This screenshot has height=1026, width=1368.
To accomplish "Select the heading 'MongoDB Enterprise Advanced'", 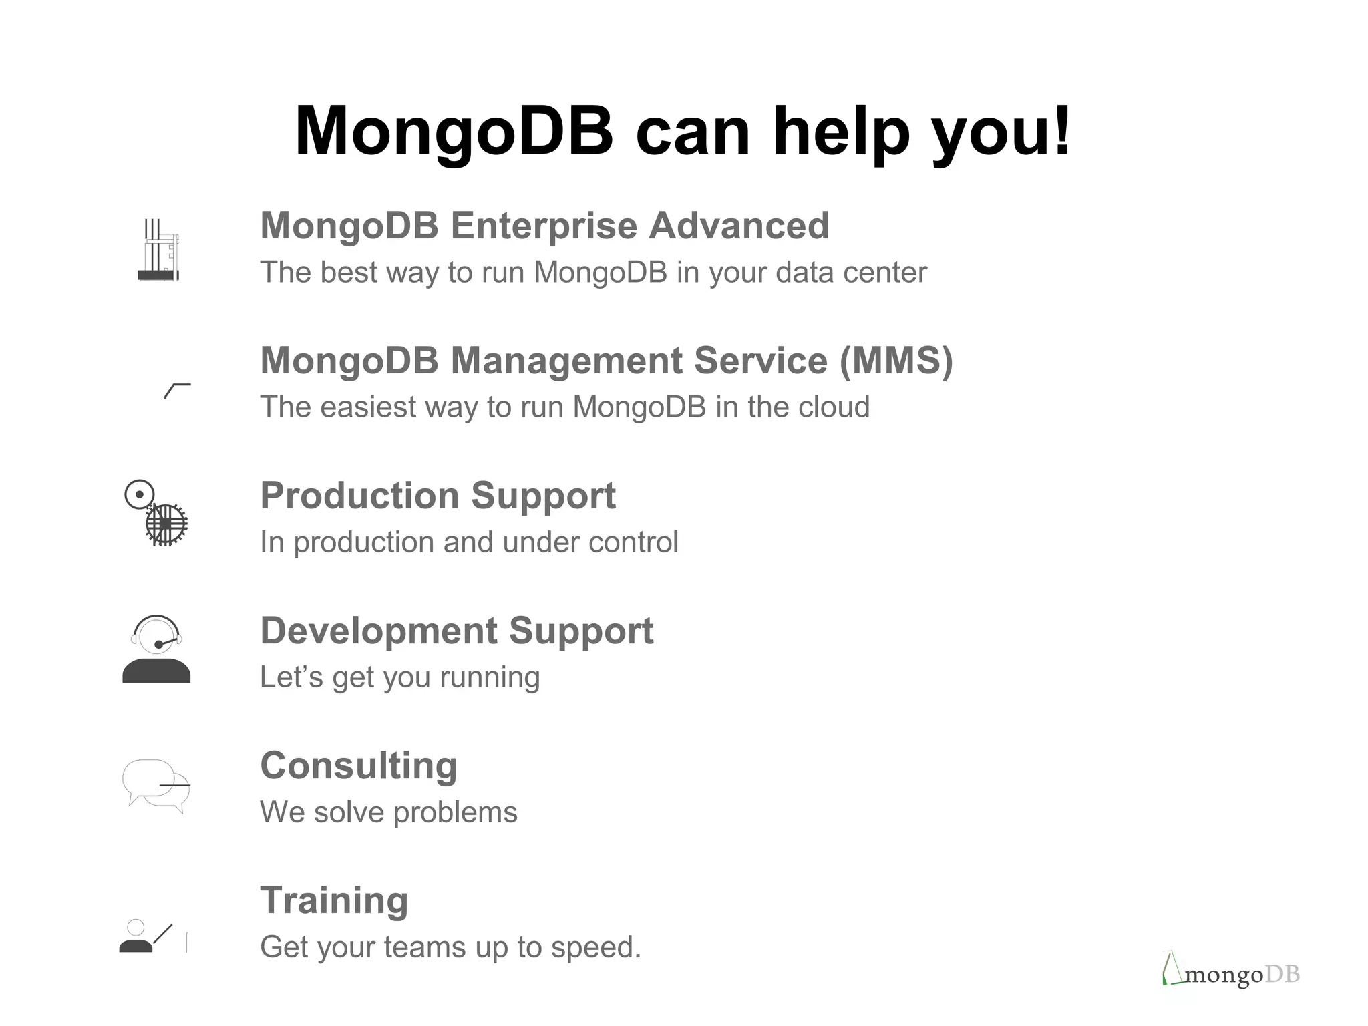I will pyautogui.click(x=544, y=226).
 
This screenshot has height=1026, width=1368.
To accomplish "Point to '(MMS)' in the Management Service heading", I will pyautogui.click(x=896, y=361).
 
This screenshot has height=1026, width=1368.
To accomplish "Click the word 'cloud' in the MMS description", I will pyautogui.click(x=835, y=407).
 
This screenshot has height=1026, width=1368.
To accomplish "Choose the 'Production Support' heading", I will pyautogui.click(x=438, y=496).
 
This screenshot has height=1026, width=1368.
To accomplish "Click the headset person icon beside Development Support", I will pyautogui.click(x=156, y=649).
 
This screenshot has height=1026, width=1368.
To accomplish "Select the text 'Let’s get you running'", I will pyautogui.click(x=399, y=677).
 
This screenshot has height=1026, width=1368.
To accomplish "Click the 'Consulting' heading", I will pyautogui.click(x=359, y=765).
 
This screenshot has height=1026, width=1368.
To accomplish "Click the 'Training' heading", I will pyautogui.click(x=334, y=900).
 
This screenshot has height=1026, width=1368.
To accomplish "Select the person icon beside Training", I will pyautogui.click(x=136, y=936).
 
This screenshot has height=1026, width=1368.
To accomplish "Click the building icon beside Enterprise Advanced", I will pyautogui.click(x=159, y=250).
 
